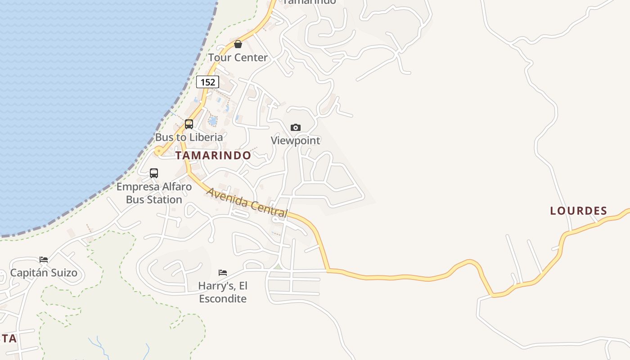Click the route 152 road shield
[x=207, y=82]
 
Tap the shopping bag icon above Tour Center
[x=238, y=44]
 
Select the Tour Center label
[x=238, y=58]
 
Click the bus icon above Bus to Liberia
[x=189, y=124]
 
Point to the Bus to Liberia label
[x=189, y=137]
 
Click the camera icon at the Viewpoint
[x=295, y=127]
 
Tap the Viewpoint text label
[x=295, y=140]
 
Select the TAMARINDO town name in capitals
[x=213, y=156]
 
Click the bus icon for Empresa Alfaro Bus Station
[x=154, y=173]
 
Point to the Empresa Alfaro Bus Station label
[x=154, y=193]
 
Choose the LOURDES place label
[x=579, y=211]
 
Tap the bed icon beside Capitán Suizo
[x=44, y=260]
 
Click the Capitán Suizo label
[x=44, y=273]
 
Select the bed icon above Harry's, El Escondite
[x=223, y=272]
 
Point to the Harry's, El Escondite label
[x=223, y=292]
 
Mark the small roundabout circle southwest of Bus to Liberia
[x=158, y=151]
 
